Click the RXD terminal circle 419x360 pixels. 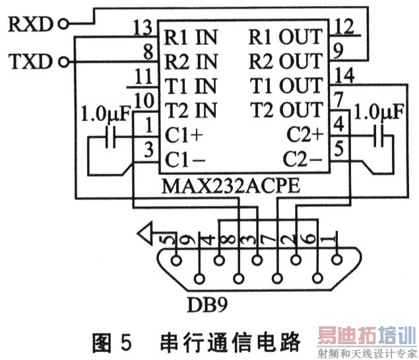[63, 24]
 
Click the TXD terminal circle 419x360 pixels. [63, 62]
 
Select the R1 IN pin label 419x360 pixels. [191, 37]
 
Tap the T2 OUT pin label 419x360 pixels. [286, 110]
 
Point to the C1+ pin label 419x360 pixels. [184, 135]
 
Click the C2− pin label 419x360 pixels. [303, 159]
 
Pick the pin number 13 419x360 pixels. [143, 28]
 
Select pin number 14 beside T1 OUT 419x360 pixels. [344, 75]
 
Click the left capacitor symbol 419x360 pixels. [111, 137]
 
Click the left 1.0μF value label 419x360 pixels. [106, 114]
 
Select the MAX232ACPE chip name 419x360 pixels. [231, 186]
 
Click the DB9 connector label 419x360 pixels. [208, 305]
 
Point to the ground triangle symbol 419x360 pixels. [146, 233]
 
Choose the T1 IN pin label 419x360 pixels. [191, 86]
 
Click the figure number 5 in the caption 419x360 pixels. [126, 343]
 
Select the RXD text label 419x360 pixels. [30, 24]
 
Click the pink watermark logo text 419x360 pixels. [367, 336]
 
